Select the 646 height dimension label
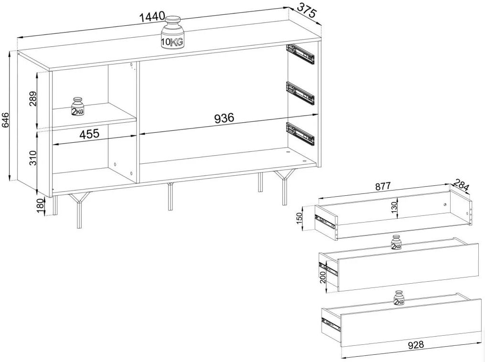(x=5, y=121)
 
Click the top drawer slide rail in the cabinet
(x=301, y=53)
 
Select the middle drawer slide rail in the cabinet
(x=301, y=93)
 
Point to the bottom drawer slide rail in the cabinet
(x=301, y=134)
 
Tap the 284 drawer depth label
(x=462, y=184)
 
